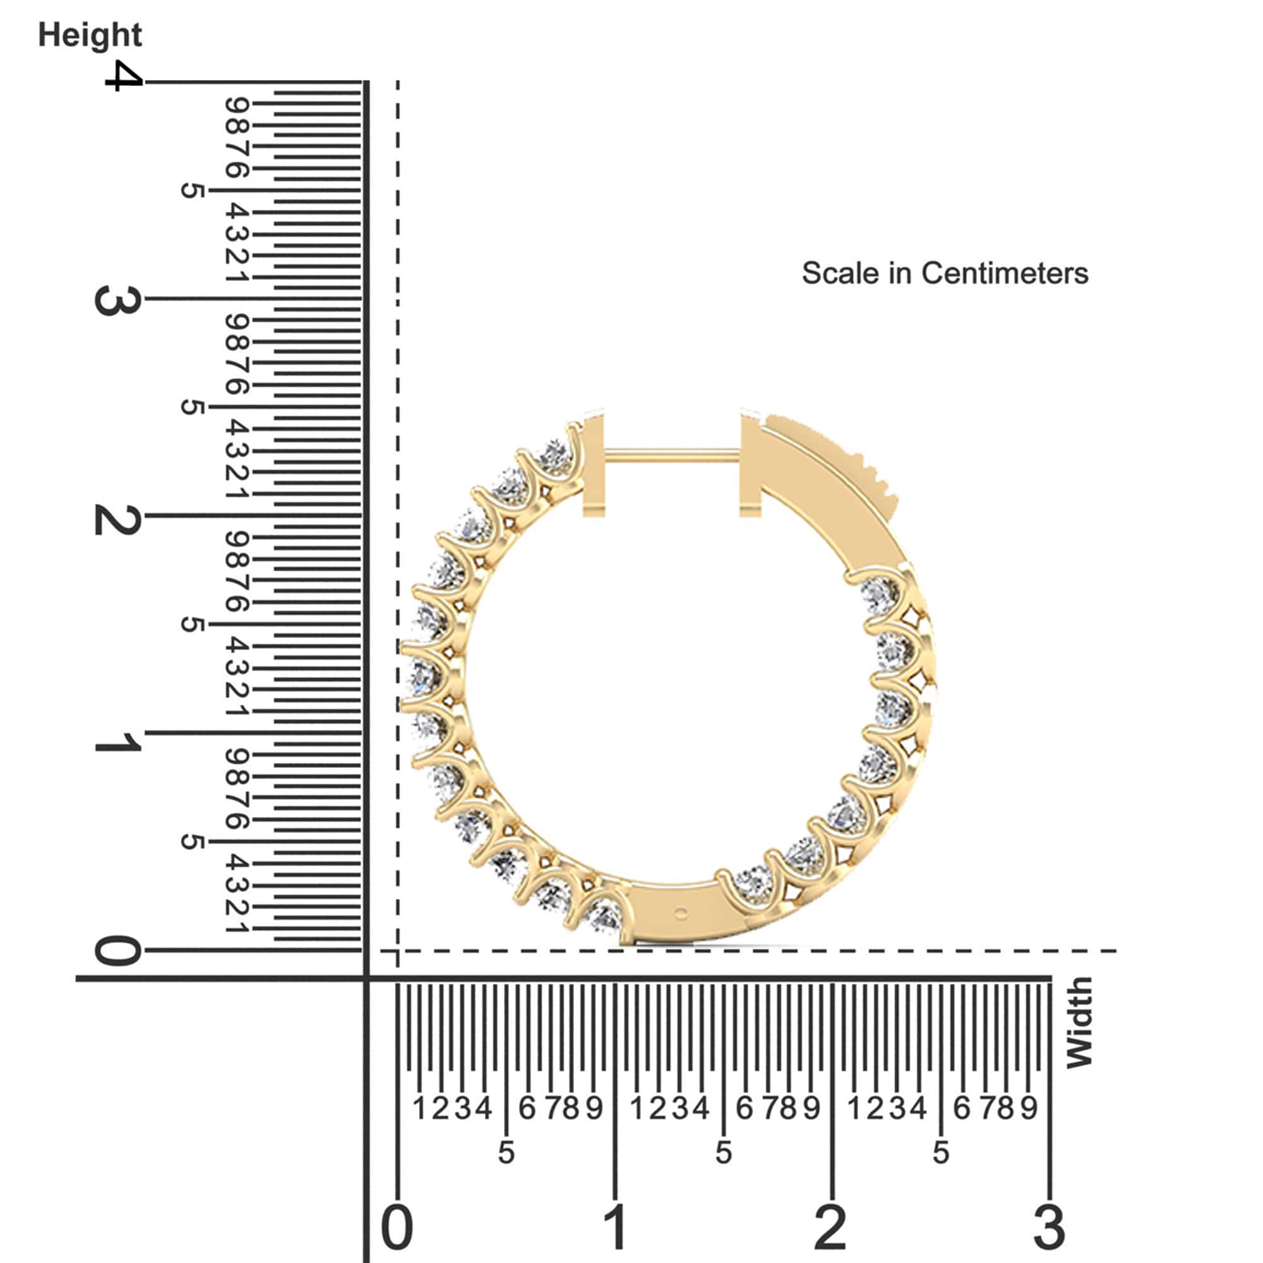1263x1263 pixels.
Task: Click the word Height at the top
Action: coord(90,35)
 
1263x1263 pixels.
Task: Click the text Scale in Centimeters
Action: coord(945,273)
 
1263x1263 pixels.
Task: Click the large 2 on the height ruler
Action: coord(117,520)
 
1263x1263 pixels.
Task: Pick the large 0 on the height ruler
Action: coord(117,950)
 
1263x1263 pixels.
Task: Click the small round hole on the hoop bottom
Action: coord(681,913)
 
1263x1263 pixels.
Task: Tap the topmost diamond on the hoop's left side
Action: coord(556,455)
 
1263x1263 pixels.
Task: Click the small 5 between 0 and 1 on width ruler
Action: coord(506,1152)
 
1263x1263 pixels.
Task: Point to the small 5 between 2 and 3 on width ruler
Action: coord(940,1152)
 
